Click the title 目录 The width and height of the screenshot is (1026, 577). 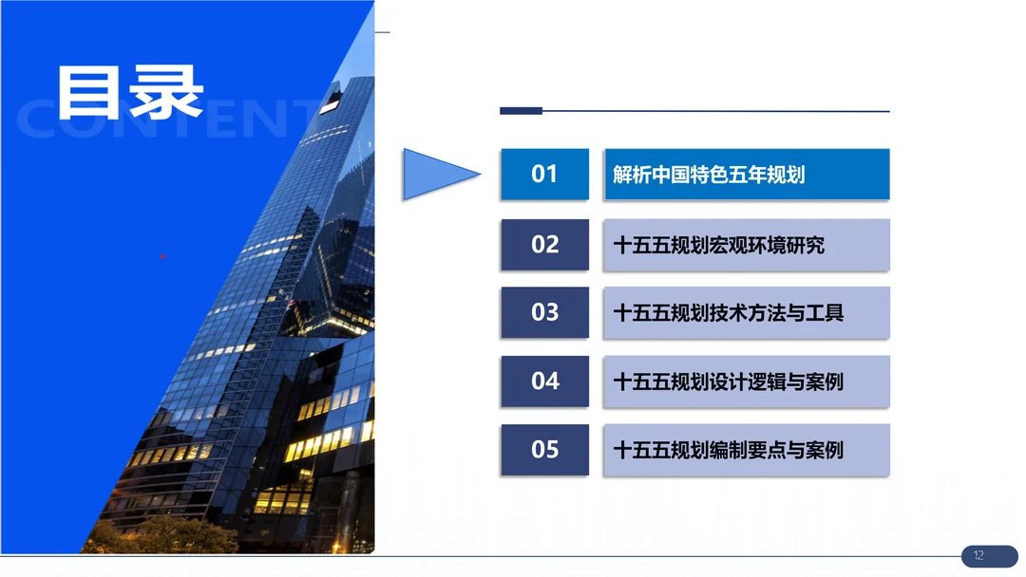pyautogui.click(x=129, y=92)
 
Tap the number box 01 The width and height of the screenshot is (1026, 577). pyautogui.click(x=544, y=174)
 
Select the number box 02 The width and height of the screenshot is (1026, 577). pyautogui.click(x=544, y=245)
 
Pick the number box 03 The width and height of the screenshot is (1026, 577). pyautogui.click(x=544, y=312)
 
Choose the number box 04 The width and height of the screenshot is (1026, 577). pyautogui.click(x=544, y=381)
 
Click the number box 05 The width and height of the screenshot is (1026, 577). pyautogui.click(x=544, y=450)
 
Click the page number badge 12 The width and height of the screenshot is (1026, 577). pyautogui.click(x=989, y=555)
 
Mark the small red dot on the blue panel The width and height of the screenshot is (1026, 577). pyautogui.click(x=163, y=256)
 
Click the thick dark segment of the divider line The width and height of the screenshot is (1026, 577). pyautogui.click(x=521, y=111)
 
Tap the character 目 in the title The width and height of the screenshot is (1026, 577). pyautogui.click(x=90, y=92)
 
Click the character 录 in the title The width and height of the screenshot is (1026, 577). pyautogui.click(x=166, y=92)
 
